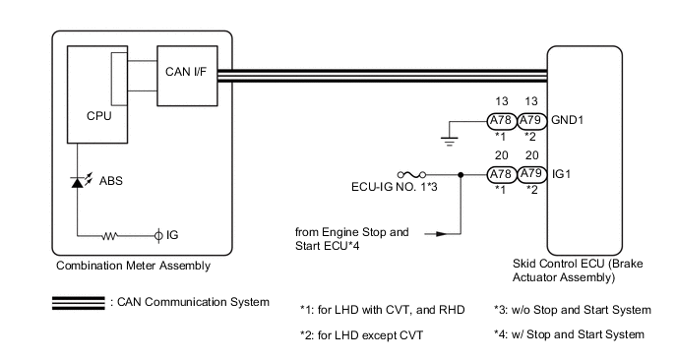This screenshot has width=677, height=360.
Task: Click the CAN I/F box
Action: click(x=187, y=76)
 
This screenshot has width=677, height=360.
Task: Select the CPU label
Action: click(x=98, y=116)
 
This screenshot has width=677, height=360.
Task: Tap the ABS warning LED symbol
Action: click(x=78, y=182)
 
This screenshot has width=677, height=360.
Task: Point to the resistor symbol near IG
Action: click(x=109, y=236)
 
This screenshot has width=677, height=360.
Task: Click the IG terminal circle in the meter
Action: click(x=158, y=236)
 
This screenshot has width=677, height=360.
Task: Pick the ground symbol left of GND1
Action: click(x=449, y=142)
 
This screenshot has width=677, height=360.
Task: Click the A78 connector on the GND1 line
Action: click(x=501, y=120)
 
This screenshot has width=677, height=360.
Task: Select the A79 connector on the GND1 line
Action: click(x=531, y=120)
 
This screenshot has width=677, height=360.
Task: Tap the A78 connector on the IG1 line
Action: click(x=501, y=174)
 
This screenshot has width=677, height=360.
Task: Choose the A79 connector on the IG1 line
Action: click(x=531, y=174)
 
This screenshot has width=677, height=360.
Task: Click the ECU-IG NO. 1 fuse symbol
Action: click(x=411, y=175)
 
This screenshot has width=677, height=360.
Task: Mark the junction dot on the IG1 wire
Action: click(x=461, y=175)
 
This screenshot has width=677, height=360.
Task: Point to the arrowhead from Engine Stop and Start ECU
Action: click(x=441, y=234)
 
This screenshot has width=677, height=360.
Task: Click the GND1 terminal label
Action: click(x=567, y=120)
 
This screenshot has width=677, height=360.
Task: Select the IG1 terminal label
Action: click(x=561, y=174)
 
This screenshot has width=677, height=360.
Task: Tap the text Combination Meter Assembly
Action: click(x=134, y=266)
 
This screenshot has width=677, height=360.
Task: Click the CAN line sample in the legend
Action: click(x=78, y=303)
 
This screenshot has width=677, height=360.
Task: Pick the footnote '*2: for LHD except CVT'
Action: click(x=361, y=335)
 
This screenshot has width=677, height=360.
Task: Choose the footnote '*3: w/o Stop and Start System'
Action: click(x=573, y=310)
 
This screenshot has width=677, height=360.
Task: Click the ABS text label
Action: click(x=111, y=180)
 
